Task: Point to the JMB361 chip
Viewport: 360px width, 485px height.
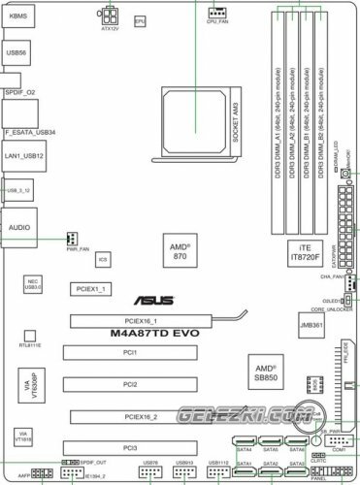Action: click(311, 329)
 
